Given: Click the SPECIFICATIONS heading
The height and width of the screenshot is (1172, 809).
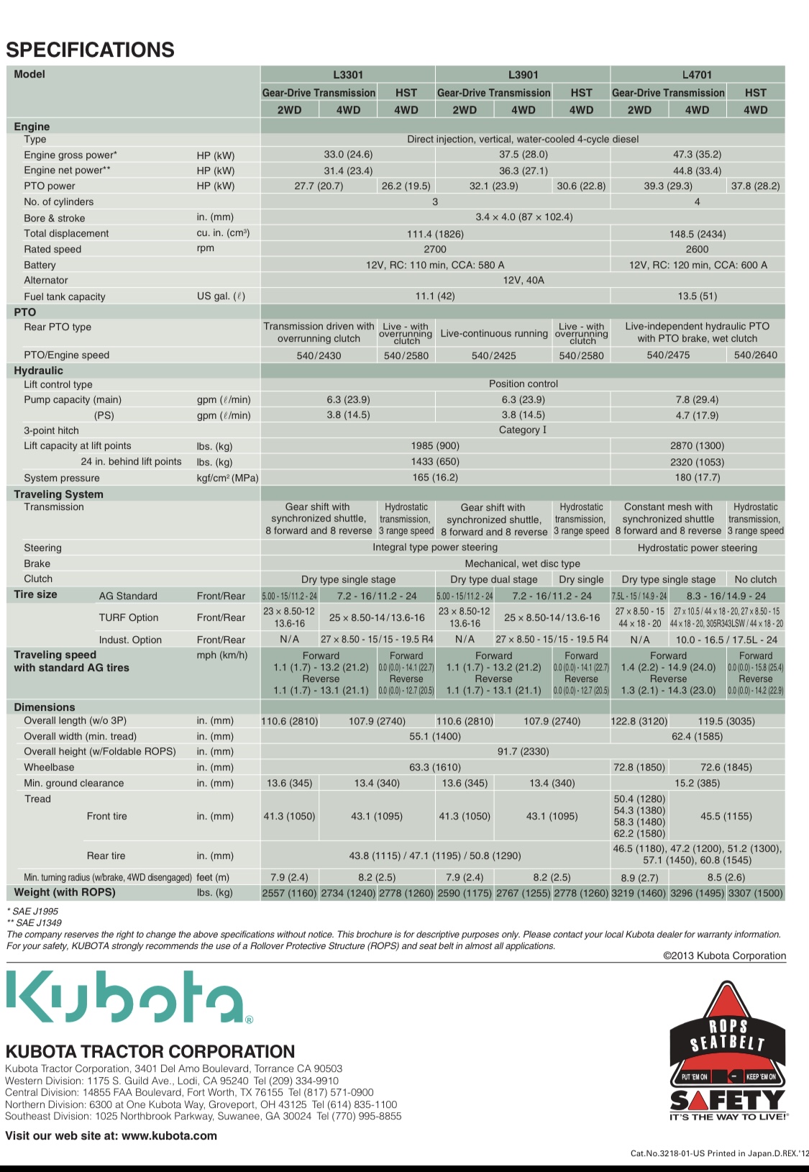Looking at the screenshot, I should click(x=90, y=50).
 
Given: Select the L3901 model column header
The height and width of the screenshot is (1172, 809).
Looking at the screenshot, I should click(x=523, y=75).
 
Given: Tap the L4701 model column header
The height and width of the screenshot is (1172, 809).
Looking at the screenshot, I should click(x=697, y=75).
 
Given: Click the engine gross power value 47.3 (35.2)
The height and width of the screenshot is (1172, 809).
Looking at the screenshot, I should click(x=697, y=155).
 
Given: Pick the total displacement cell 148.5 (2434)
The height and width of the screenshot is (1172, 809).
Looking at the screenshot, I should click(x=697, y=234).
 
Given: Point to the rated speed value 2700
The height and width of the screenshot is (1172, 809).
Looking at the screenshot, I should click(x=435, y=249).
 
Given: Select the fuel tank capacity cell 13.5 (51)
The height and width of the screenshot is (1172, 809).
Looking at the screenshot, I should click(x=697, y=296).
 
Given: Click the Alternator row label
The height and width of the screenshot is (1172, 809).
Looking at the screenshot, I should click(x=46, y=281).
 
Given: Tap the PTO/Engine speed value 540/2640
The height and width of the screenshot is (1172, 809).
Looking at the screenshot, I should click(x=755, y=355).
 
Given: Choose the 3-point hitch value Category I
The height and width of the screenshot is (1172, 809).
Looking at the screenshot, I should click(x=523, y=430).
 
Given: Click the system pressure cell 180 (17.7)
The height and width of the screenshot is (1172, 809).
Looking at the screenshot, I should click(x=697, y=478).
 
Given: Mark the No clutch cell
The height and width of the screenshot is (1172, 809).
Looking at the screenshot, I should click(x=755, y=579).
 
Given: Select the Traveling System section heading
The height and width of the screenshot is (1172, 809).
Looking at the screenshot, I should click(x=59, y=494).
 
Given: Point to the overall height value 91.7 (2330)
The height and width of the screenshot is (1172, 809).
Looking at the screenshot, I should click(x=523, y=751).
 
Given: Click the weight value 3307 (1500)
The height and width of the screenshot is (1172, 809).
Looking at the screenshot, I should click(x=755, y=893).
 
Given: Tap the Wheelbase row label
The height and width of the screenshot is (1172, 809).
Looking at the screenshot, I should click(x=49, y=767).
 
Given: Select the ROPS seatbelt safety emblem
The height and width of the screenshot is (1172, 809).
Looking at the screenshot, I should click(x=727, y=1050).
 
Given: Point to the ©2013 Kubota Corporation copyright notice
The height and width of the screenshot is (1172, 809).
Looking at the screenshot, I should click(x=724, y=955).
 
